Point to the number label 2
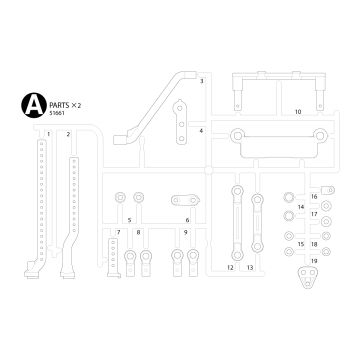(68, 134)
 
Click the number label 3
(201, 80)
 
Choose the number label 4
(201, 130)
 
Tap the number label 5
(130, 218)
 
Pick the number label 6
(187, 218)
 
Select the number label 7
(118, 232)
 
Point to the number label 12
(230, 269)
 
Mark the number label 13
(249, 269)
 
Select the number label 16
(313, 197)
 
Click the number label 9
(185, 232)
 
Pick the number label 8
(139, 232)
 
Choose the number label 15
(300, 243)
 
